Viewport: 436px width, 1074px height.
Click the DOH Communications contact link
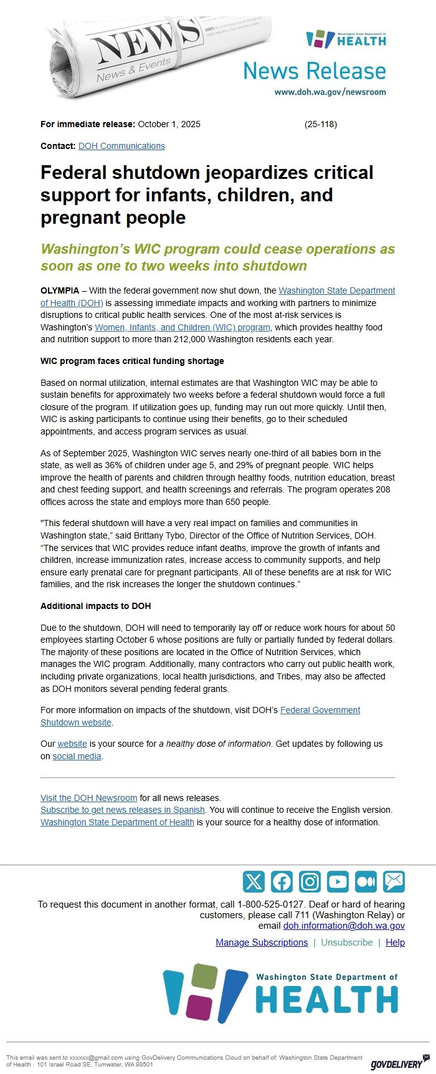tap(121, 146)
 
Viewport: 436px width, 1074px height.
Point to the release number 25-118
tap(321, 124)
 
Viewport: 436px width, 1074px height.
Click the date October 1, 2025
tap(169, 124)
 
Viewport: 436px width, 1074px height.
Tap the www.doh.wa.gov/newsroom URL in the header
tap(330, 92)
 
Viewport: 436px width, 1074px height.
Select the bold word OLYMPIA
tap(60, 290)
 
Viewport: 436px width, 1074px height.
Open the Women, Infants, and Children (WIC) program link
tap(182, 327)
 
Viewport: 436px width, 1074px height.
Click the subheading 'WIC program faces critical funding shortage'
tap(132, 361)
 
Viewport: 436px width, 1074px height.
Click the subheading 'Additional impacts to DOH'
tap(95, 606)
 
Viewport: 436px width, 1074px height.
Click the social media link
tap(77, 756)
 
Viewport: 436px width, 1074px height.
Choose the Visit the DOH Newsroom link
tap(88, 798)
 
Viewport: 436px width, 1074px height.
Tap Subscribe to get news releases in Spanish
tap(123, 810)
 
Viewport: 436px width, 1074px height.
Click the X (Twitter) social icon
tap(254, 881)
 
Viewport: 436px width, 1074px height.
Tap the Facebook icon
tap(282, 881)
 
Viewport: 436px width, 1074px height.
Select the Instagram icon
tap(310, 881)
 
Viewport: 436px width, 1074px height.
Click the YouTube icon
tap(338, 881)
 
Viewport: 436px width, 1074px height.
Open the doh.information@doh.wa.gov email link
tap(344, 926)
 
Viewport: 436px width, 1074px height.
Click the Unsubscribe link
tap(347, 942)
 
